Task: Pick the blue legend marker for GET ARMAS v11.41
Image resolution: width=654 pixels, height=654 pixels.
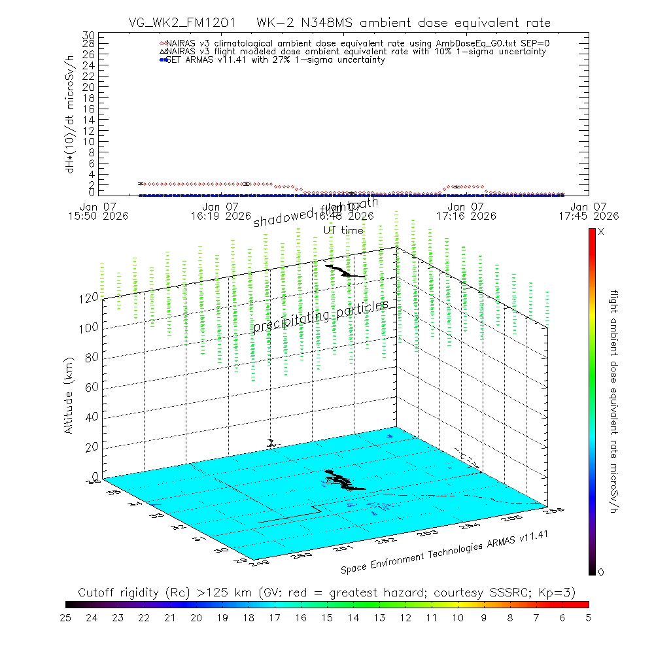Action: (163, 60)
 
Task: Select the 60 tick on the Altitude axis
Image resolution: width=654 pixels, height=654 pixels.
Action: (92, 387)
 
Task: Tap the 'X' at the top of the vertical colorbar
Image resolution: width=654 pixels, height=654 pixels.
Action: (601, 232)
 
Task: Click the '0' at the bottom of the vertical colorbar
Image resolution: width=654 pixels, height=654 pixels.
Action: (601, 572)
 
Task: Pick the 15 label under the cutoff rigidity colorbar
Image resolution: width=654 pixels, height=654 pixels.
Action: (327, 617)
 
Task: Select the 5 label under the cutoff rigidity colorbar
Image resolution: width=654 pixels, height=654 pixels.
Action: (589, 617)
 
